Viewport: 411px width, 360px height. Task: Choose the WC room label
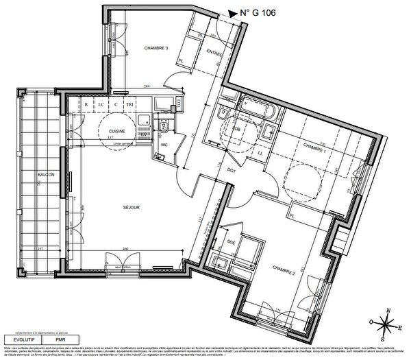(x=164, y=145)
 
